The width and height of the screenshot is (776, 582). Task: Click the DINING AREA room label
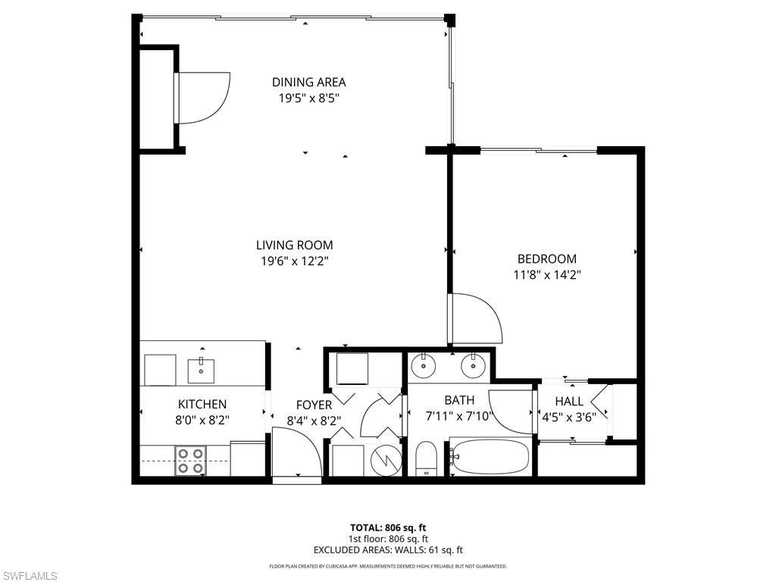[x=309, y=82]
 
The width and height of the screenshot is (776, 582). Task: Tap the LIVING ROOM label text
[x=294, y=245]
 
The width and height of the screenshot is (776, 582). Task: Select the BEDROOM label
[x=546, y=258]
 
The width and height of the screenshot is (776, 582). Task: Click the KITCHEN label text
[x=202, y=405]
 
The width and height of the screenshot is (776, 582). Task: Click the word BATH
[x=459, y=400]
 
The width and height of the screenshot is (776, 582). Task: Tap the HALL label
[x=569, y=401]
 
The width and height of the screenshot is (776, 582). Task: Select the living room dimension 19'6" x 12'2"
[x=294, y=261]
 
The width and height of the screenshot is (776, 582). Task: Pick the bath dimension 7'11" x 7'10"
[x=459, y=415]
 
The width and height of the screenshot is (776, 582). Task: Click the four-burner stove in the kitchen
[x=190, y=461]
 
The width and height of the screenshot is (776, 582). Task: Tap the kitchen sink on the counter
[x=202, y=371]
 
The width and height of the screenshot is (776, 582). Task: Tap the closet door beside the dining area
[x=202, y=97]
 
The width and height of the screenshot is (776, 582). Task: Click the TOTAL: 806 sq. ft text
[x=387, y=527]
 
